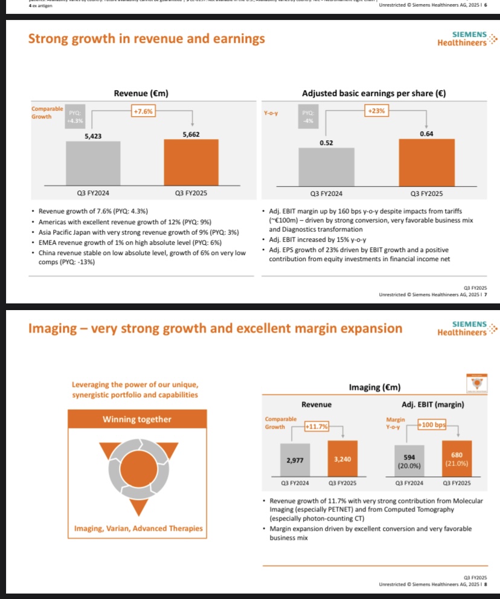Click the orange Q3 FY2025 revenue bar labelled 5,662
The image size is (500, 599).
tap(192, 162)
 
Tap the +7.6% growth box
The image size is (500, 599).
tap(144, 111)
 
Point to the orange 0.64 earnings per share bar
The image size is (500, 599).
tap(426, 161)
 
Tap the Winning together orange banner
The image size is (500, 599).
tap(137, 419)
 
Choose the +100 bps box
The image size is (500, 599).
tap(431, 425)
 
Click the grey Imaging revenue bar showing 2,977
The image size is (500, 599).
tap(295, 460)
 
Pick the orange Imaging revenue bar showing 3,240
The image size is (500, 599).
tap(343, 459)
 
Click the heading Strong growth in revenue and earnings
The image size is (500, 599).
tap(147, 39)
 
